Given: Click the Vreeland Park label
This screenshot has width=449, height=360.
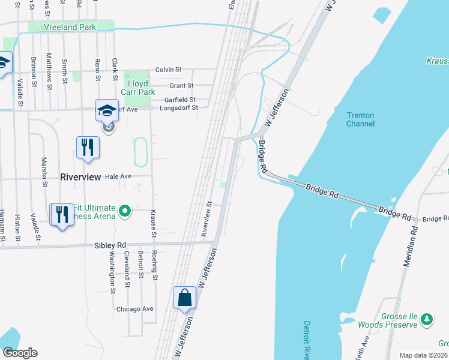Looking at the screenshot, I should point(70,28).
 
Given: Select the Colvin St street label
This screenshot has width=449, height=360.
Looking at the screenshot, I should point(169,70).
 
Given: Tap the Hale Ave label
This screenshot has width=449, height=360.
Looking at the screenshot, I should point(118,177).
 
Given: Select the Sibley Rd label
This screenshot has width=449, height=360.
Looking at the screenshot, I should point(110,245).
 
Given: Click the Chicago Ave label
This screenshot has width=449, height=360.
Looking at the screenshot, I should point(135,309).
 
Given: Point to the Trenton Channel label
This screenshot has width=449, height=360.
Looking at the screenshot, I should point(360,119).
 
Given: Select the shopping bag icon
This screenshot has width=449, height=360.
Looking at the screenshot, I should point(184,298).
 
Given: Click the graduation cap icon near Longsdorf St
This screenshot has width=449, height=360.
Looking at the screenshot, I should point(106,110).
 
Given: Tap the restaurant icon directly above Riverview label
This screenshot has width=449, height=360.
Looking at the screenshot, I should point(87,147).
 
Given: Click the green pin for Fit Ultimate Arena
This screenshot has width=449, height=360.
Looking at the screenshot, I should point(125,211).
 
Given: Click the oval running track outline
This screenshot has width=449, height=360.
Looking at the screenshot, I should point(140,152).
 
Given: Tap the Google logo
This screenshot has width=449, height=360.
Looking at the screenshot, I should point(20,353).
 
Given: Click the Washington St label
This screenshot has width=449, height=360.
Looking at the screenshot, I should point(112,271).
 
